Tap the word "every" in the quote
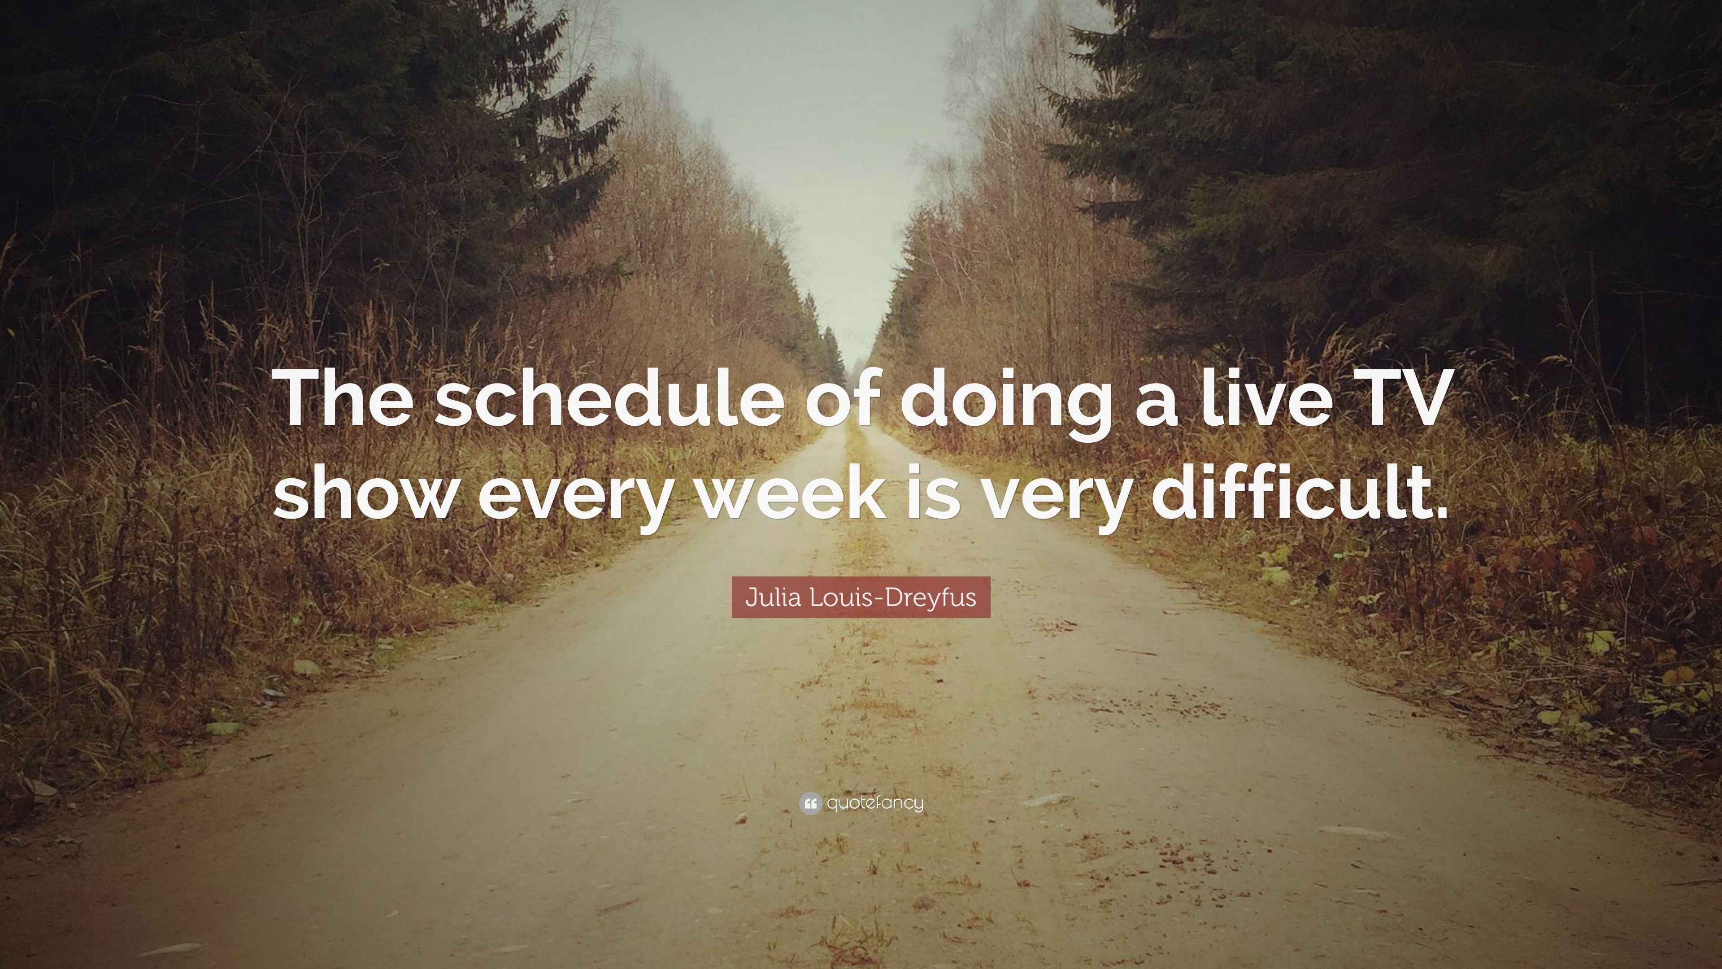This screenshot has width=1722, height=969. pyautogui.click(x=574, y=498)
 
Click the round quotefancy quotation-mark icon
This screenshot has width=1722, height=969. pyautogui.click(x=809, y=803)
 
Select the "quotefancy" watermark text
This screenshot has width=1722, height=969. pyautogui.click(x=875, y=803)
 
